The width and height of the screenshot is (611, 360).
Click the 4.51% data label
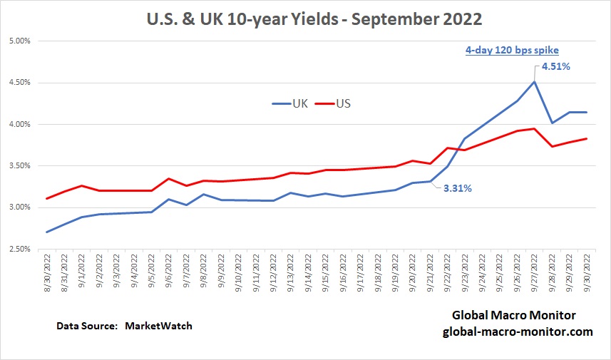click(x=556, y=66)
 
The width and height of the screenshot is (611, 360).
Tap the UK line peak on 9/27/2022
click(x=535, y=81)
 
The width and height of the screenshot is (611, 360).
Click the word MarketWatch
click(x=159, y=326)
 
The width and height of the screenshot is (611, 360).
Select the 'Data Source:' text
click(x=86, y=326)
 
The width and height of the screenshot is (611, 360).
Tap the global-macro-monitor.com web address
click(x=518, y=331)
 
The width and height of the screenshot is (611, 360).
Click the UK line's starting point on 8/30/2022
click(x=47, y=232)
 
